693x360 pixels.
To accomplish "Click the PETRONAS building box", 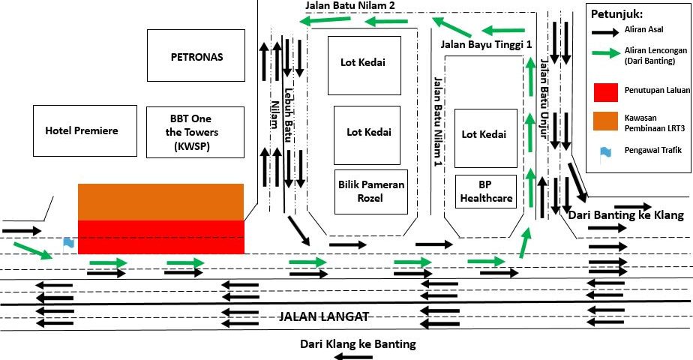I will pyautogui.click(x=196, y=55).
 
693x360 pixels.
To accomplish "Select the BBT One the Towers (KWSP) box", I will pyautogui.click(x=196, y=133).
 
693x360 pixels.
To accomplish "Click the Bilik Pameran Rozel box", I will pyautogui.click(x=371, y=191).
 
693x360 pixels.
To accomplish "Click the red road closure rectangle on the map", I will pyautogui.click(x=161, y=236).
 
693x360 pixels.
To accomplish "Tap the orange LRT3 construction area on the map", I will pyautogui.click(x=161, y=202).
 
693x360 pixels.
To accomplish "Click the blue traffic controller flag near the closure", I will pyautogui.click(x=68, y=242).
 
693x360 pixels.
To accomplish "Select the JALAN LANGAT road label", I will pyautogui.click(x=323, y=316).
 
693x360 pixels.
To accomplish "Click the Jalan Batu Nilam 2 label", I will pyautogui.click(x=350, y=5).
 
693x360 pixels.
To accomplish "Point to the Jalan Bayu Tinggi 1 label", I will pyautogui.click(x=486, y=45).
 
